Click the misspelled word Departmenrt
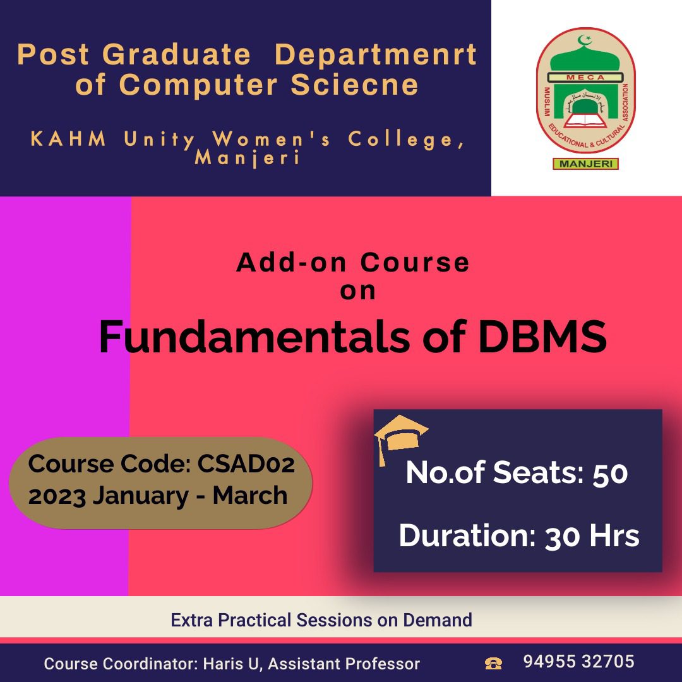(376, 55)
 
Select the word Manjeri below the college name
(247, 158)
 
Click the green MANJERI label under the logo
(585, 164)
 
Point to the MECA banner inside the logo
(585, 78)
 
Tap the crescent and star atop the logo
(585, 40)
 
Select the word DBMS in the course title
(542, 337)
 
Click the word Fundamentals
(254, 337)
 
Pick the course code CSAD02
(246, 464)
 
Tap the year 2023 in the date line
(57, 496)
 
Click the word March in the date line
(250, 496)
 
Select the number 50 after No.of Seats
(610, 473)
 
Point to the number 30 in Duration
(561, 536)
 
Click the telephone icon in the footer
(493, 663)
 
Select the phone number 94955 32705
(579, 662)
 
